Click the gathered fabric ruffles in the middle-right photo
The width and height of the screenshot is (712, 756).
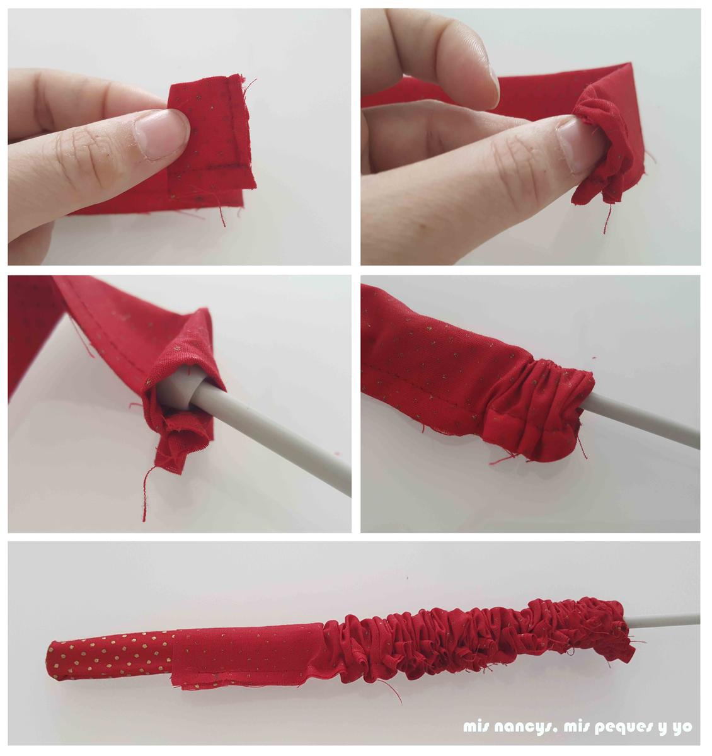(x=541, y=409)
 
